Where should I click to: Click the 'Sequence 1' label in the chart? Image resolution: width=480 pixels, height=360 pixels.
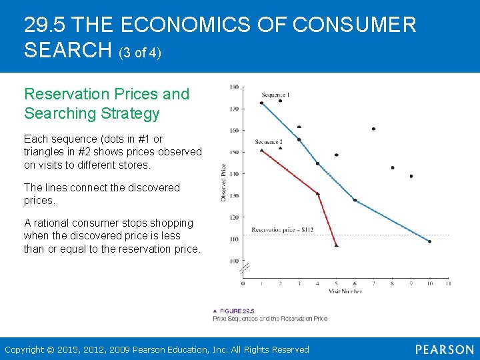275,95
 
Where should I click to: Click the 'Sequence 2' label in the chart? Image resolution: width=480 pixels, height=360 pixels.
269,142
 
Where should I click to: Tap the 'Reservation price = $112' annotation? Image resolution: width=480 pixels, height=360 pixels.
282,230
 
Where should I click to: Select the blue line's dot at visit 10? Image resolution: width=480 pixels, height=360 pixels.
429,241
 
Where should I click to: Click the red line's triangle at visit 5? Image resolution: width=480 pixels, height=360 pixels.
336,245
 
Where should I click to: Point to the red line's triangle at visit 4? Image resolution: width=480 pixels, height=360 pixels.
317,193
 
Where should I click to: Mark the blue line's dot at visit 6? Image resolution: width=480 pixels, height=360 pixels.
355,200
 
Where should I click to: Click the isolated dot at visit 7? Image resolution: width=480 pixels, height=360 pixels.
373,129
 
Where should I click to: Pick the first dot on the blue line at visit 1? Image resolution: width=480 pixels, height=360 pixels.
261,103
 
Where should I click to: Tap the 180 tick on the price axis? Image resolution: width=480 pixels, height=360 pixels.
234,87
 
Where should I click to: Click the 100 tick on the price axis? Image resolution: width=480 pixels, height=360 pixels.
234,261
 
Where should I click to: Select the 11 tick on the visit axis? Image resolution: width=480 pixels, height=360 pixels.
448,283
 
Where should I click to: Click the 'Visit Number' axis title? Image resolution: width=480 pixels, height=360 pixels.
345,291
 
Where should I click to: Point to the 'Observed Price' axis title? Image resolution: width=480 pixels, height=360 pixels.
223,183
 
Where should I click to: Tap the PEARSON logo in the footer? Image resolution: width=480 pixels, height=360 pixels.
444,349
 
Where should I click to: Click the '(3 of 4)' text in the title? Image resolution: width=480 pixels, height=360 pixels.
140,52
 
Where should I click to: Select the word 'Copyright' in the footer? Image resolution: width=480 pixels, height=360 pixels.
24,349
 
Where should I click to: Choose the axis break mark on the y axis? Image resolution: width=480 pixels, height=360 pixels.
244,269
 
